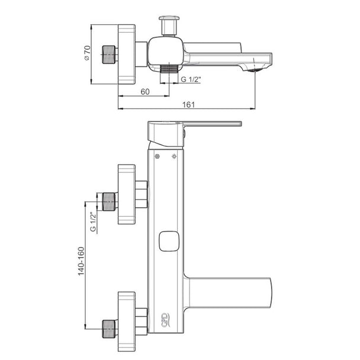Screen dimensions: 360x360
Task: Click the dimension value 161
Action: pyautogui.click(x=188, y=105)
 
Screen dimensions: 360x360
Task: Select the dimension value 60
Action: pyautogui.click(x=145, y=92)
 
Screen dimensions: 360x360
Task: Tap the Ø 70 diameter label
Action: pyautogui.click(x=87, y=53)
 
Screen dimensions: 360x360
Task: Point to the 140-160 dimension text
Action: pyautogui.click(x=81, y=261)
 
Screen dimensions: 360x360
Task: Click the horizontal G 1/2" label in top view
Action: pyautogui.click(x=191, y=79)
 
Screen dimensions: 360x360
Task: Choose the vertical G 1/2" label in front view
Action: pyautogui.click(x=93, y=222)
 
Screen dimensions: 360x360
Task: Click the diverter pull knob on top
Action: pyautogui.click(x=169, y=25)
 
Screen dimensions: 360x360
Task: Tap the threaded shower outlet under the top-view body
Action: pyautogui.click(x=169, y=69)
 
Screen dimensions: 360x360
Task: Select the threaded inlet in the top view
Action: pyautogui.click(x=108, y=54)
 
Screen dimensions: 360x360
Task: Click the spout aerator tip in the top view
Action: pyautogui.click(x=254, y=70)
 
